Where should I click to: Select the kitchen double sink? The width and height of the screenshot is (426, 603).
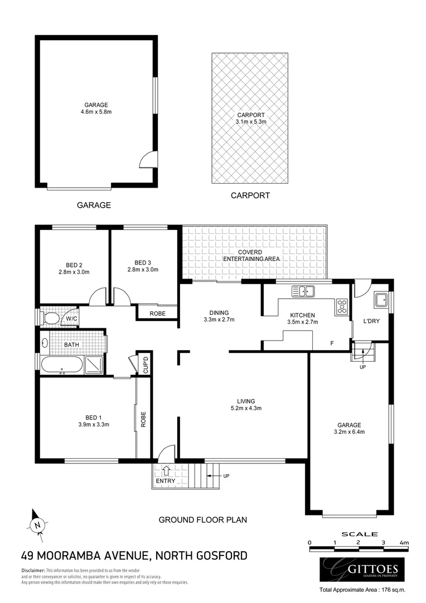coord(303,291)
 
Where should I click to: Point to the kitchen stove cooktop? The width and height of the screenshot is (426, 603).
coord(342,306)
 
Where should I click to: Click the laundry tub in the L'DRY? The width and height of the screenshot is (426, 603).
coord(382,300)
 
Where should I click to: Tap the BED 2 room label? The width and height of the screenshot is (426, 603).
coord(74,265)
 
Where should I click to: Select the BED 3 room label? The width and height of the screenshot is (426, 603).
coord(143,262)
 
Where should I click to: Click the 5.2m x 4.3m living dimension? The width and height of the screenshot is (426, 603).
coord(245,408)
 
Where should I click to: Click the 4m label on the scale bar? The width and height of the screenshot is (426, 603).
coord(404,543)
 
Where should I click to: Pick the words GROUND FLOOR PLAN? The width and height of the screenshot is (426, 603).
coord(203,519)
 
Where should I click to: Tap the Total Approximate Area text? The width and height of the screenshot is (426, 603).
coord(362,590)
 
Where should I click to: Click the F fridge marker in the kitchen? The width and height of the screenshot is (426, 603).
coord(332,343)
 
